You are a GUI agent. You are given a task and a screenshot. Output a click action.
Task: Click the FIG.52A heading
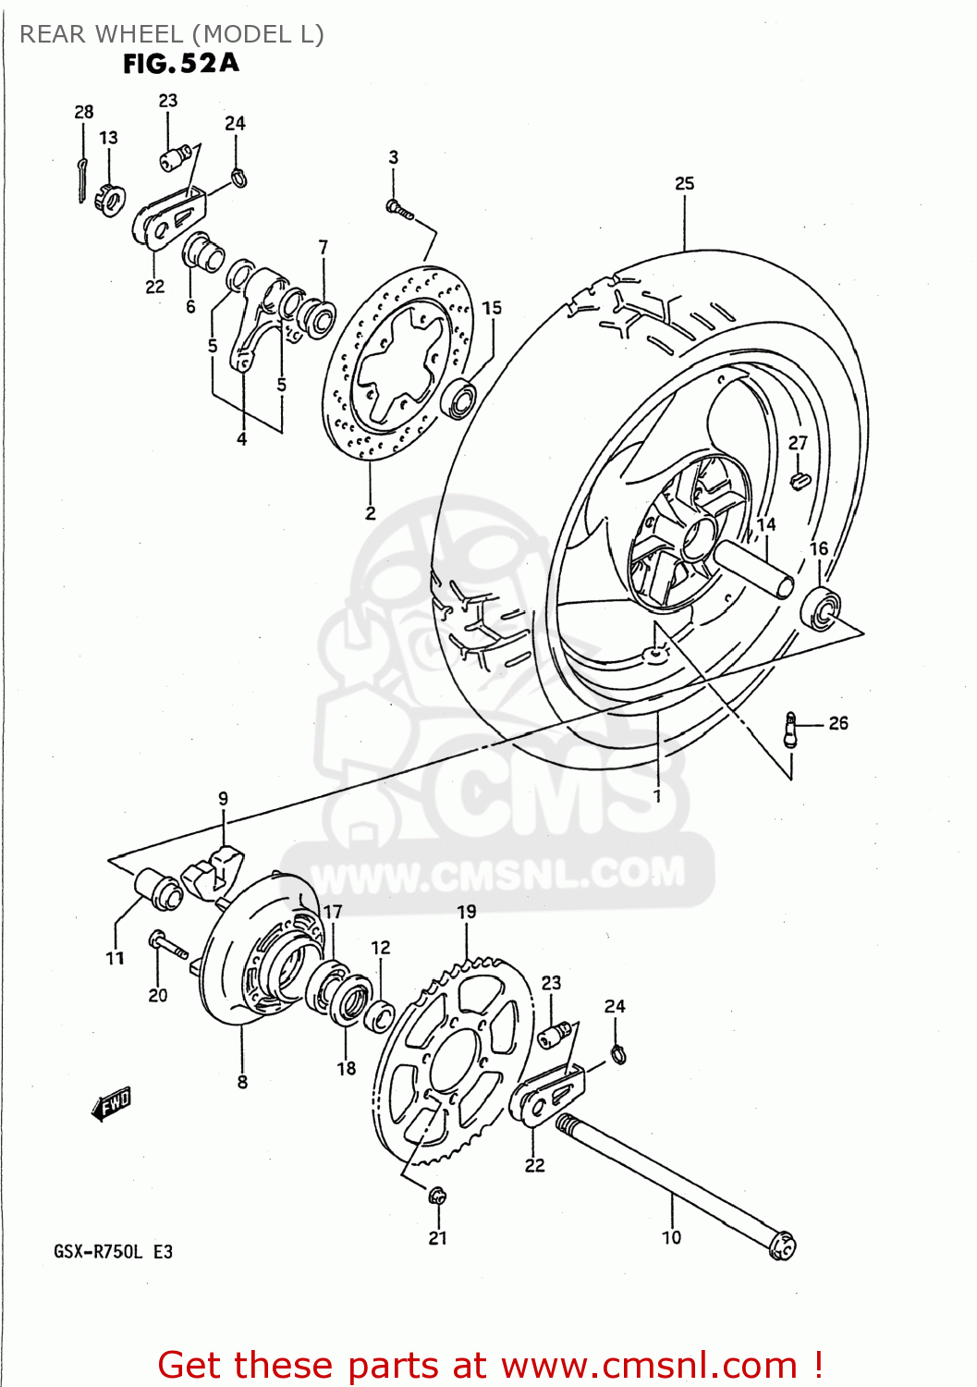pos(180,63)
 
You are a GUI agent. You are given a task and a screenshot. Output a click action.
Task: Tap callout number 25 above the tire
pos(684,183)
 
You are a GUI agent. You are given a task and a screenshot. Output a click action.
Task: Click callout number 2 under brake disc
pos(371,512)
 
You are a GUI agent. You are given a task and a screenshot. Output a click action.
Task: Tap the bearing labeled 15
pos(459,398)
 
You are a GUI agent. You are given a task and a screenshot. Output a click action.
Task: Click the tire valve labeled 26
pos(791,729)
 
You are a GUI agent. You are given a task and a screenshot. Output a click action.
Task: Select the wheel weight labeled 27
pos(800,480)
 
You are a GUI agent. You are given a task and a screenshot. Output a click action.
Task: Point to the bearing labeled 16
pos(820,607)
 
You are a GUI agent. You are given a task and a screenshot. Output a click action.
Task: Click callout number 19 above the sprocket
pos(467,911)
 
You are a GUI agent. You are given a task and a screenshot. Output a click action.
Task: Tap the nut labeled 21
pos(437,1195)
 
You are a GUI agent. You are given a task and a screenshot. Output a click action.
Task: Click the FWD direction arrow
pos(112,1102)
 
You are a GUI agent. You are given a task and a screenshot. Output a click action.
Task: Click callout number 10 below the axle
pos(671,1236)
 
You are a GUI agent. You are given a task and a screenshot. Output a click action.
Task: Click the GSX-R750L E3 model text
pos(113,1252)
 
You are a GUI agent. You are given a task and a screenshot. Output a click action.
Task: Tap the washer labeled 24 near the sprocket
pos(618,1052)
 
